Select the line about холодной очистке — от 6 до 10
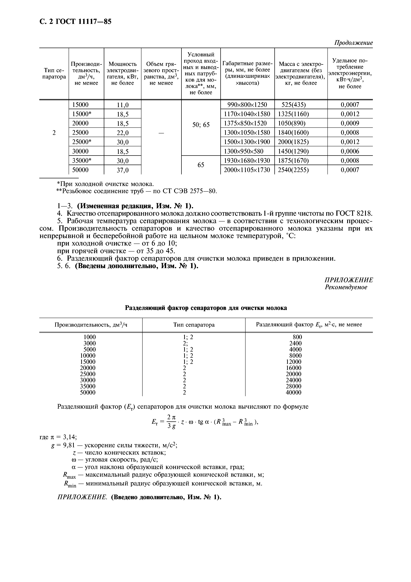117,244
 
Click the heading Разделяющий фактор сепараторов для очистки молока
206,308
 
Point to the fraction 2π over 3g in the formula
172,422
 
